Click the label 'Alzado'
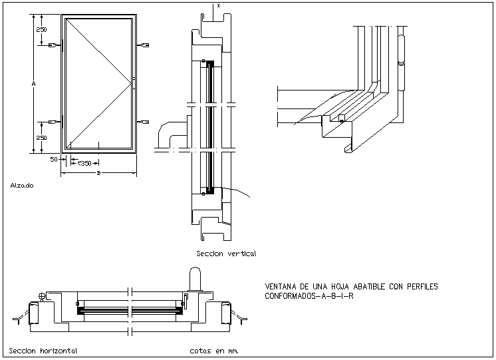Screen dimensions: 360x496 click(22, 186)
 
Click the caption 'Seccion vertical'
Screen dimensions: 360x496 click(226, 254)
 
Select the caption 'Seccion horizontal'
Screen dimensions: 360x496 click(43, 351)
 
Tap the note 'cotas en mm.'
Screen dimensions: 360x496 click(213, 350)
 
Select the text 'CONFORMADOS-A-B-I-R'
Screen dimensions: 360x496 click(309, 296)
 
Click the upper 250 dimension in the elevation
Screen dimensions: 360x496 click(41, 30)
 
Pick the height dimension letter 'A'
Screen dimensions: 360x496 click(33, 83)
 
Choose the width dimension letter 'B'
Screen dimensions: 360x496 click(98, 174)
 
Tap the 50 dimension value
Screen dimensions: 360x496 click(54, 160)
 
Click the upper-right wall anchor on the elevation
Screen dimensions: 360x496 click(144, 45)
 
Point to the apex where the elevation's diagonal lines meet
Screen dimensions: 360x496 click(132, 82)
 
